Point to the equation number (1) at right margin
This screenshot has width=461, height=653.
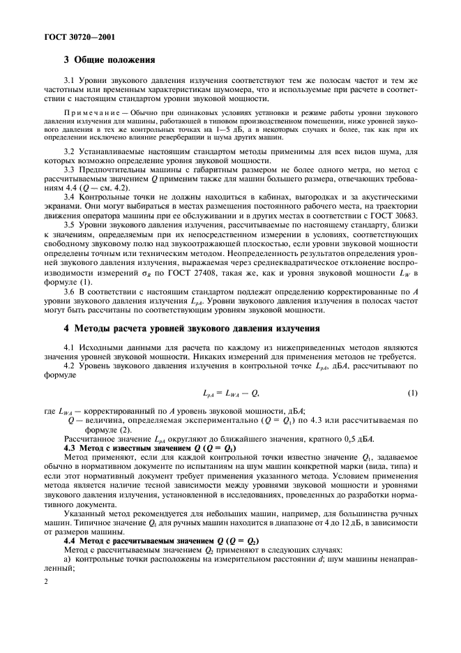(x=412, y=393)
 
